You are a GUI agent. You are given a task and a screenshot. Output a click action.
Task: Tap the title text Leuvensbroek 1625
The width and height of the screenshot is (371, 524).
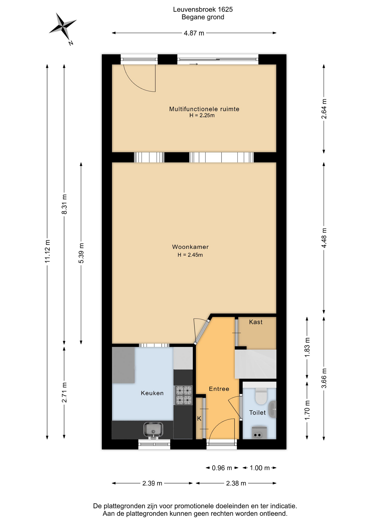coord(203,10)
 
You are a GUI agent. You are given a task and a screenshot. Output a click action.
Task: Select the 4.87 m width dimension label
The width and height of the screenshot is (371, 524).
coord(194,33)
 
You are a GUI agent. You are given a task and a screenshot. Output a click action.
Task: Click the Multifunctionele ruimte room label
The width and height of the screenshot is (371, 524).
coord(204,109)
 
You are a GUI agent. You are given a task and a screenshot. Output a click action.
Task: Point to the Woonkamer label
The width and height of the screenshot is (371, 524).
coord(190,247)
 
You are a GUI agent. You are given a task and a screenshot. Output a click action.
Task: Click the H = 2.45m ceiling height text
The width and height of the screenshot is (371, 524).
coord(190,255)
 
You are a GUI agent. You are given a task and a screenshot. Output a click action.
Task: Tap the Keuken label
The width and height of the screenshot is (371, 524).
coord(152,393)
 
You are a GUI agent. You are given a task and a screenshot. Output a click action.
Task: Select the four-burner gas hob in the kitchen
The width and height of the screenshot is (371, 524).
coord(184,395)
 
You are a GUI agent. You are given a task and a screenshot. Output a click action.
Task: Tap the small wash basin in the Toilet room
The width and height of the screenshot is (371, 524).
coord(272,409)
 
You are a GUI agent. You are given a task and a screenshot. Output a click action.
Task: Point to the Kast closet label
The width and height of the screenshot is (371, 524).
coord(256,322)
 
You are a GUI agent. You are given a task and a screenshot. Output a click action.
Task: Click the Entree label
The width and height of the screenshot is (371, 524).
coord(219,389)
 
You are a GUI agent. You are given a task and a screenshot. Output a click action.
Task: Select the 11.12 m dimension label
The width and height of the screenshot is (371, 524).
coord(48,251)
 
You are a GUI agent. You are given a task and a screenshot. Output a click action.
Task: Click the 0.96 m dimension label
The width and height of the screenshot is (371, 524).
coord(222,468)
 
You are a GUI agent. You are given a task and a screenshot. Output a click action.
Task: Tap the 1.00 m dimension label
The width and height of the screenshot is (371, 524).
coord(260,468)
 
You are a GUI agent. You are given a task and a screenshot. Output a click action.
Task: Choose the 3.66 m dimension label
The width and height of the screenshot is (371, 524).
coord(324,378)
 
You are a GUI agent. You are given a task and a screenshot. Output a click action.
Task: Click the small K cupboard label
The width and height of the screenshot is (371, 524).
coord(199,419)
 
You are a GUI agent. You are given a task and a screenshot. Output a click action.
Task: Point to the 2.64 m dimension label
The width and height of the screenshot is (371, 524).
coord(324,109)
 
